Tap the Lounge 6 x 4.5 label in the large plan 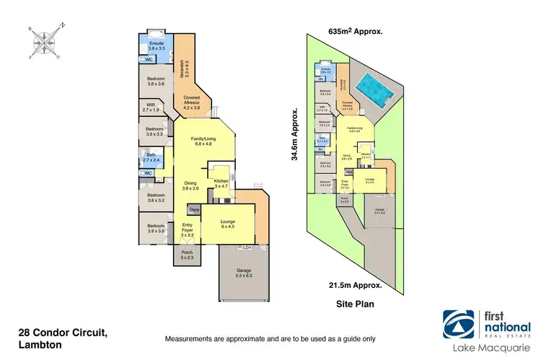point(229,223)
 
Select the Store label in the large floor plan point(193,210)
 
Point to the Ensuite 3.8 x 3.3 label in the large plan point(157,45)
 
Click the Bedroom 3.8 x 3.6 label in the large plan point(157,228)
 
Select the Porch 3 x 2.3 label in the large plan point(187,255)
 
